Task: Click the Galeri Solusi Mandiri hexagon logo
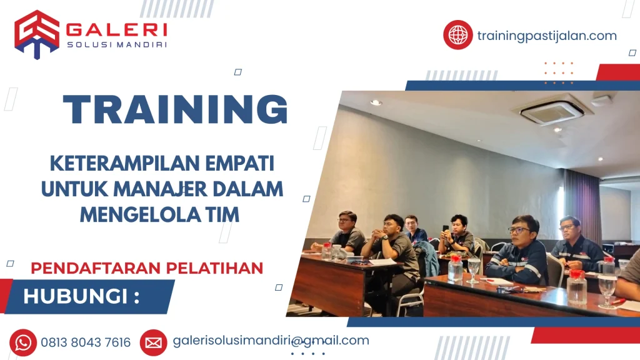[x=37, y=34]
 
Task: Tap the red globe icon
[x=458, y=35]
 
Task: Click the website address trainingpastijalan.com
[x=547, y=36]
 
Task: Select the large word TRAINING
[x=176, y=109]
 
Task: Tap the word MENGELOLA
[x=139, y=215]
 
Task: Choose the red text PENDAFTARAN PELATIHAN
[x=147, y=268]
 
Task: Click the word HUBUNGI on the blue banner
[x=76, y=296]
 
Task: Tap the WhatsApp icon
[x=23, y=342]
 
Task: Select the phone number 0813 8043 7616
[x=86, y=342]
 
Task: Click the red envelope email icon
[x=154, y=343]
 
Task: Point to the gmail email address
[x=271, y=341]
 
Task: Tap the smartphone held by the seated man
[x=445, y=229]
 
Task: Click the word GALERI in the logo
[x=116, y=30]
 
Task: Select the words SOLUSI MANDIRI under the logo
[x=117, y=44]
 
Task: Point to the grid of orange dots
[x=559, y=73]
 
